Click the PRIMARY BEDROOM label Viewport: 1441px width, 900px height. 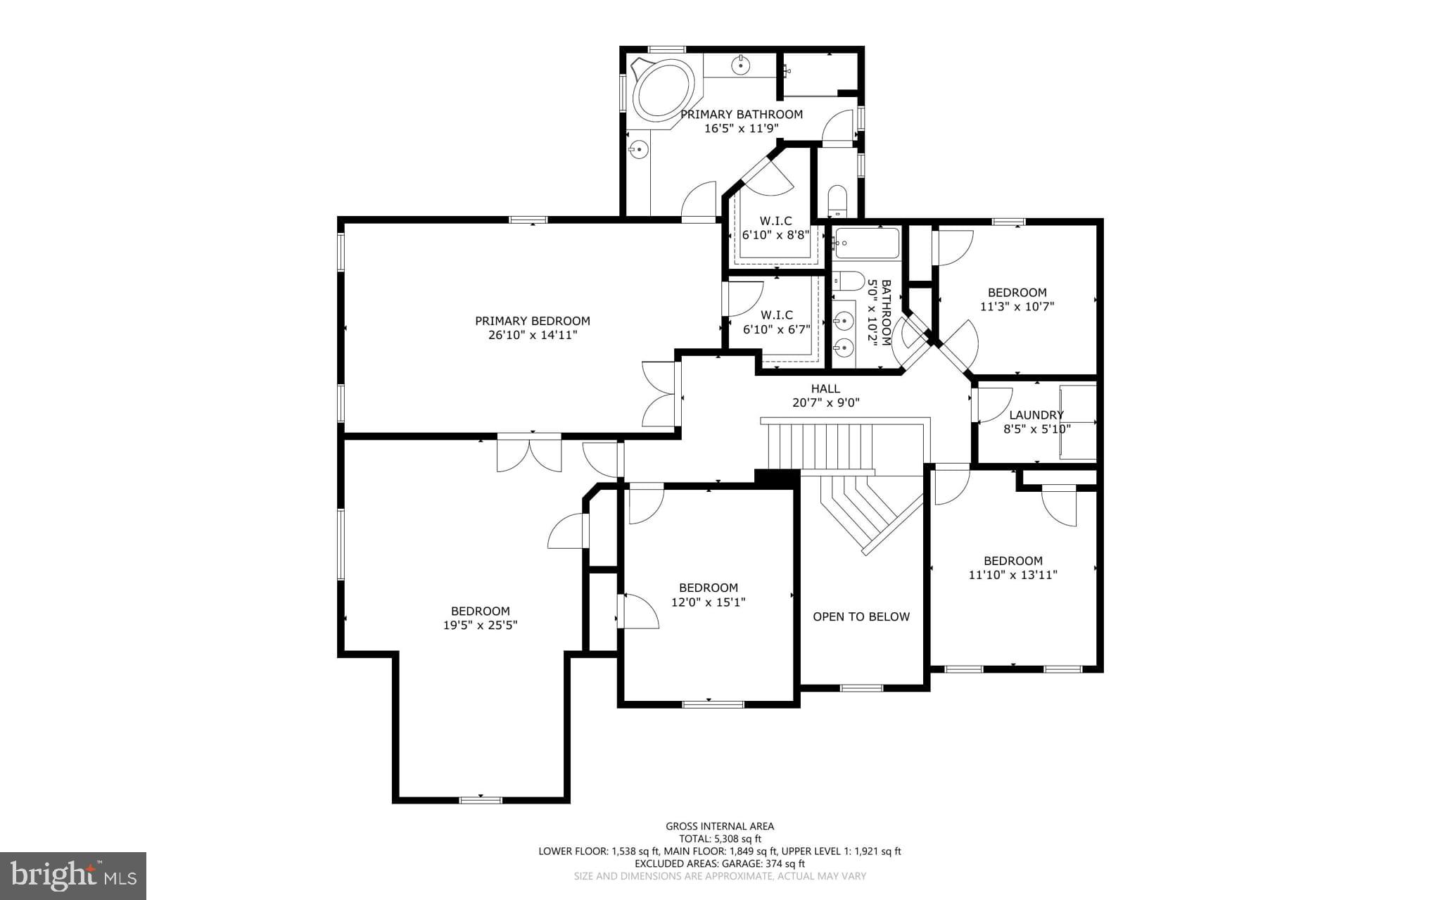click(532, 321)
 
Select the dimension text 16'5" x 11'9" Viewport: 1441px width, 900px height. click(741, 128)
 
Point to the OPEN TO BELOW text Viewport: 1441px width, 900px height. click(861, 616)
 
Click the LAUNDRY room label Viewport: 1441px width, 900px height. click(1036, 415)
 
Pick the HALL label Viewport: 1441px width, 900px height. click(825, 388)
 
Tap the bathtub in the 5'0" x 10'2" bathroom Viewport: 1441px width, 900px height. click(866, 243)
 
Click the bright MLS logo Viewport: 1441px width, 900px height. click(73, 875)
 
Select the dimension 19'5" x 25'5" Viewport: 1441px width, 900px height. click(480, 625)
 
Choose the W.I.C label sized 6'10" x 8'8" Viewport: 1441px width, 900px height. click(775, 221)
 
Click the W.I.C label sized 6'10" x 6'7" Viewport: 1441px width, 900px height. click(776, 315)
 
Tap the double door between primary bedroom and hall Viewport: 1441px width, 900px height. click(660, 394)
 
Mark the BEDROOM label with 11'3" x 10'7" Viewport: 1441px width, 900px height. click(1017, 293)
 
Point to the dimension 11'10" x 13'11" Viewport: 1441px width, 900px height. click(1012, 575)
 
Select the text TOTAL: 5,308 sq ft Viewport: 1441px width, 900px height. click(720, 839)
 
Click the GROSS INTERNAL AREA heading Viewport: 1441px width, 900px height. click(720, 826)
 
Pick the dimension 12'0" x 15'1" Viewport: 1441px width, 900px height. click(708, 602)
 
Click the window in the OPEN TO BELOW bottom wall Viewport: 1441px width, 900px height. click(861, 687)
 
